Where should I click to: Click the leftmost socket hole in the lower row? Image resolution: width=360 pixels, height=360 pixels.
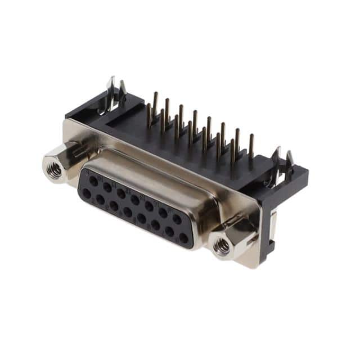(87, 192)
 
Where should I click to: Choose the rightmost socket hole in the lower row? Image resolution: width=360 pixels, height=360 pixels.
(183, 238)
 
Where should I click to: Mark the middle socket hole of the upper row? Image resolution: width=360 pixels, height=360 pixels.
(135, 199)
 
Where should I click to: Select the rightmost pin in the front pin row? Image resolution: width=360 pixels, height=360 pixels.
(232, 151)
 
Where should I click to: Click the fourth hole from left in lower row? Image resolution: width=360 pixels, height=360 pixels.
(128, 212)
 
